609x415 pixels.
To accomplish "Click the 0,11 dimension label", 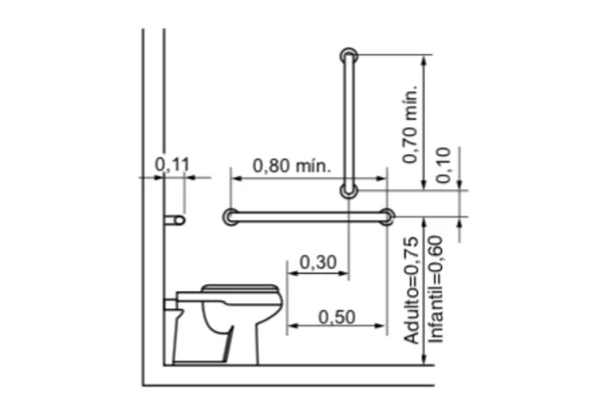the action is pos(172,164).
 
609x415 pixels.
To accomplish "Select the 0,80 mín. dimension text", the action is pos(292,166).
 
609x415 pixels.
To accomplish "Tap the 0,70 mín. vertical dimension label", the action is pos(410,124).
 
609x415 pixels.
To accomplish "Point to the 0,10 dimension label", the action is pos(443,165).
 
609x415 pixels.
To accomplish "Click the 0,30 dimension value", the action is pos(318,263).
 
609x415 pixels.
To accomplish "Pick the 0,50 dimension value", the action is pos(337,317).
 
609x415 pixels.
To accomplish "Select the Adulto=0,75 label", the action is pos(412,290).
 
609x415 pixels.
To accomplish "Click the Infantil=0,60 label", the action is pos(435,290).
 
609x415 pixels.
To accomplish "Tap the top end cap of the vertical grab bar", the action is pos(349,56).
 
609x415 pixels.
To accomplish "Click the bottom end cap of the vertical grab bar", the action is pos(349,191).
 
